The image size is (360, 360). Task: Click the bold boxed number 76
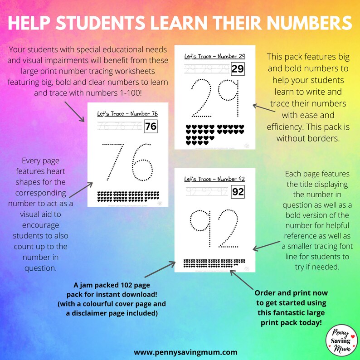[151, 126]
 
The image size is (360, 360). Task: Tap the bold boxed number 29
[238, 69]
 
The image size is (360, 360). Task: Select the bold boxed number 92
[238, 192]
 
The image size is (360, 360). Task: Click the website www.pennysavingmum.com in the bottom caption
[185, 351]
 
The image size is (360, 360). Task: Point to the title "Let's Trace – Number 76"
[127, 113]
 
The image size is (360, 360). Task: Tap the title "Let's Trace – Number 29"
[214, 56]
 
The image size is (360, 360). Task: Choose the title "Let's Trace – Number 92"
[214, 179]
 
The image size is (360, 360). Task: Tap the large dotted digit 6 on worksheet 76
[141, 162]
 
